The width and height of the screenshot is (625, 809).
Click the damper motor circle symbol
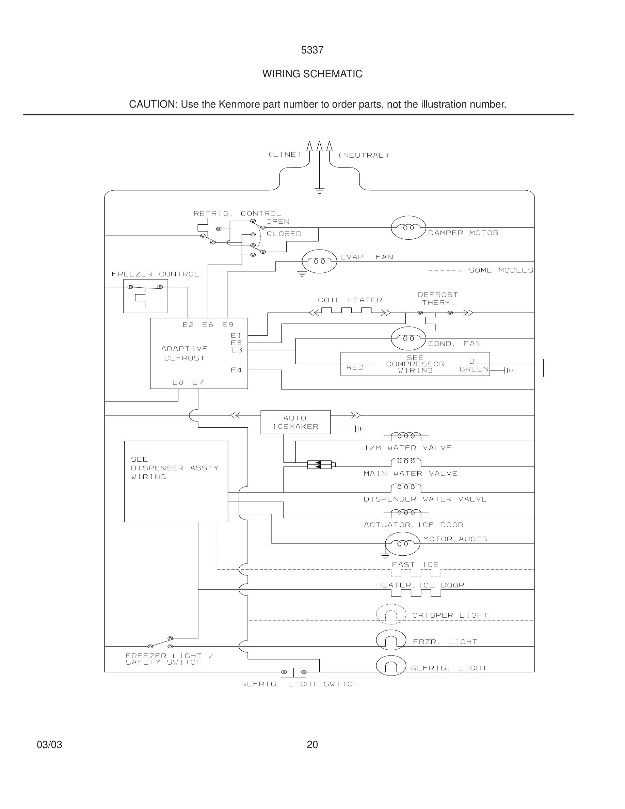(x=408, y=227)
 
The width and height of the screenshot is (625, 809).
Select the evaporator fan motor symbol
(x=319, y=261)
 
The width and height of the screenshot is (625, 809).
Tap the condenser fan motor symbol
(x=408, y=338)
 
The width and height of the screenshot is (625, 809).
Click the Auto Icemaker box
(x=295, y=422)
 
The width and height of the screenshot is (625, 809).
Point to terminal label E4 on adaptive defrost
(x=236, y=370)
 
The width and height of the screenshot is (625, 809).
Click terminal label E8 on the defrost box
(x=178, y=382)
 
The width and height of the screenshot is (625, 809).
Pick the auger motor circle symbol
(x=402, y=544)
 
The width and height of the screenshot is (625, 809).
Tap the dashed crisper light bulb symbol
(x=391, y=615)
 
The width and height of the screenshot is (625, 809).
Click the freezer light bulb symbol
(x=391, y=640)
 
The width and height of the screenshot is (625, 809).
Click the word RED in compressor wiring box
(x=355, y=367)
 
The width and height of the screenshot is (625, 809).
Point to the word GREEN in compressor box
(x=474, y=369)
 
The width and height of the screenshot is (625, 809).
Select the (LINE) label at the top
(x=285, y=155)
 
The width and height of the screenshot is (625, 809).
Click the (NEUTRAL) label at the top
(x=364, y=156)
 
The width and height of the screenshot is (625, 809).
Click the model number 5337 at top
(x=312, y=50)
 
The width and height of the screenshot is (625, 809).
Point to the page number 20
(x=312, y=745)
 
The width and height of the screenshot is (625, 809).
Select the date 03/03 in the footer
(x=49, y=745)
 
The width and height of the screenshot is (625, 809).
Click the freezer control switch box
(x=145, y=296)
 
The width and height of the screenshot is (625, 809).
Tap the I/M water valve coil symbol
(x=406, y=436)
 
